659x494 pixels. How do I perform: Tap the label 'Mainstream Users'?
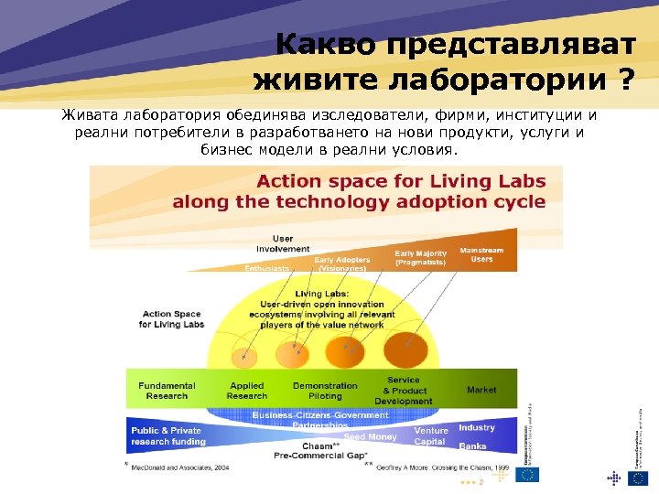click(481, 254)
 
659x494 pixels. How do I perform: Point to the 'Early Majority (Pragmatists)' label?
click(421, 258)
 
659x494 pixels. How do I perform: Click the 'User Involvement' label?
click(283, 243)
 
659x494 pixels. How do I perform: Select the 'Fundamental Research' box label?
click(167, 391)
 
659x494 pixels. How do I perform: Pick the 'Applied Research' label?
click(247, 391)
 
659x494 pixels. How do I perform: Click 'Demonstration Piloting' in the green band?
click(325, 391)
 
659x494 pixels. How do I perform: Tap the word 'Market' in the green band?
click(481, 390)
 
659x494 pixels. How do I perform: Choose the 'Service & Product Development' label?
click(404, 391)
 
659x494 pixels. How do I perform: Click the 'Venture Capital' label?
click(431, 435)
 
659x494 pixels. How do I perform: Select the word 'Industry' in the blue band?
click(477, 427)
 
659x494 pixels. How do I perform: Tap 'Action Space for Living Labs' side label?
click(171, 318)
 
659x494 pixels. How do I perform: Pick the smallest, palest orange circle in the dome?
click(243, 356)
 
